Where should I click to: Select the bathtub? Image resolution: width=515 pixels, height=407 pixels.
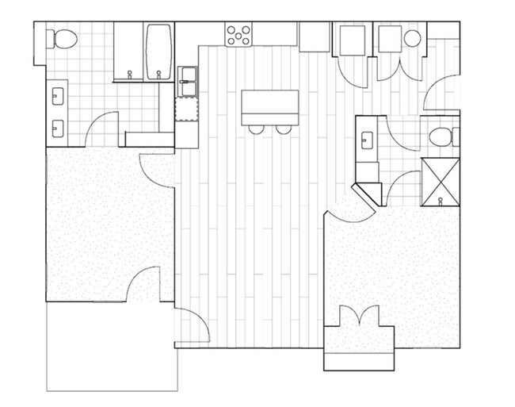(159, 52)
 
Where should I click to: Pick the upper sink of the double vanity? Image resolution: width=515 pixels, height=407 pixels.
(58, 98)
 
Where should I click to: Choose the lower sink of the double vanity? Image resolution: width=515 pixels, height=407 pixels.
(58, 125)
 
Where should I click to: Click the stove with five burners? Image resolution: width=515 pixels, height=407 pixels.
(238, 34)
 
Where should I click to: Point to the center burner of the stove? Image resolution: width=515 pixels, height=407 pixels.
(238, 34)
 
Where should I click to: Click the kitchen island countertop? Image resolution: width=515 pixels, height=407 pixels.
(269, 106)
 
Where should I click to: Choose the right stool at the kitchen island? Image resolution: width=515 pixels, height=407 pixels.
(283, 129)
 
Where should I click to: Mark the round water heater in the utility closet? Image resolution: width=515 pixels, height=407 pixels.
(412, 39)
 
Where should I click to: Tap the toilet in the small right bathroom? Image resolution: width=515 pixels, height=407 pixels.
(441, 137)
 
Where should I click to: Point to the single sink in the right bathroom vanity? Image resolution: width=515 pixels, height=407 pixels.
(366, 140)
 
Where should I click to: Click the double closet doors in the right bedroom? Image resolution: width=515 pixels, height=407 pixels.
(360, 315)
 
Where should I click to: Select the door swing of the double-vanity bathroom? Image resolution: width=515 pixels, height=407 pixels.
(101, 131)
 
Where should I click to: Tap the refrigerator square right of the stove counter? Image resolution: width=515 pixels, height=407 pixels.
(314, 36)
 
